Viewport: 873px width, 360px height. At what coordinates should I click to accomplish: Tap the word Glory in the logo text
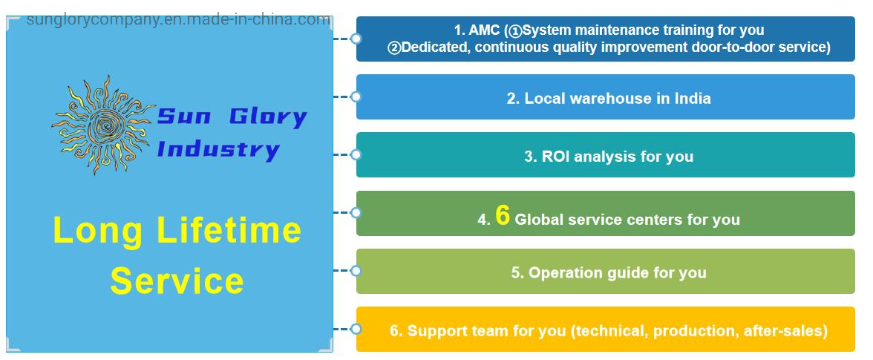[268, 117]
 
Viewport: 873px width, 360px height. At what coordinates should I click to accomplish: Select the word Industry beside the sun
[218, 149]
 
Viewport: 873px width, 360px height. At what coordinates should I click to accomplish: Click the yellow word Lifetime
[229, 230]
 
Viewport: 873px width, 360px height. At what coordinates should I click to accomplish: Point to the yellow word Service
[177, 281]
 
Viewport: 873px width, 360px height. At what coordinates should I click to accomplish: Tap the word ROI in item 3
[555, 157]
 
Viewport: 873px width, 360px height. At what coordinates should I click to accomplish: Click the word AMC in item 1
[484, 30]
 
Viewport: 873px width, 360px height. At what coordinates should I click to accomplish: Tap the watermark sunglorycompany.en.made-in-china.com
[179, 20]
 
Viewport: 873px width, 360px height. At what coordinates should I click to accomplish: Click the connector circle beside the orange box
[356, 329]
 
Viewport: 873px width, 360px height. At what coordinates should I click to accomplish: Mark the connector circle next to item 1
[356, 39]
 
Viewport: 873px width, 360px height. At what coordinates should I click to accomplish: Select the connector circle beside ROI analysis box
[356, 154]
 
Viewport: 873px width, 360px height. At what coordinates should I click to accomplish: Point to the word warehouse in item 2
[612, 99]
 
